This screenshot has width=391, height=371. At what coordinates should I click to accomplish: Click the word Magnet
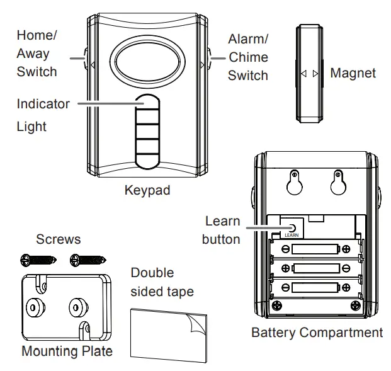[353, 74]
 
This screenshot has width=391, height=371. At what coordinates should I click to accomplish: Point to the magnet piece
[309, 74]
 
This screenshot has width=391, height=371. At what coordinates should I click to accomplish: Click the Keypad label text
[147, 190]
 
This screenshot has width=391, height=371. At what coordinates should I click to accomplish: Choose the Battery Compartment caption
[317, 332]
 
